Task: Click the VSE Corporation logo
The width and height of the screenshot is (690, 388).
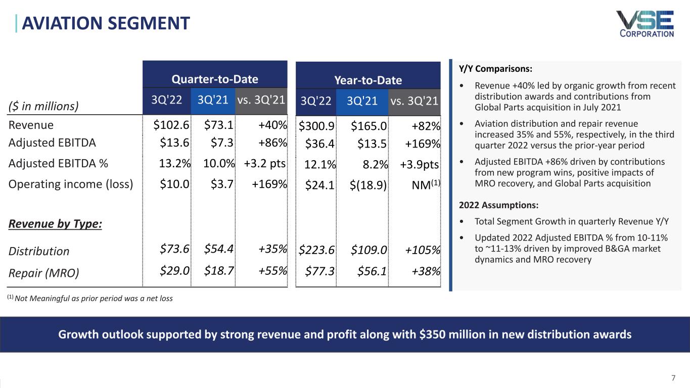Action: click(x=645, y=24)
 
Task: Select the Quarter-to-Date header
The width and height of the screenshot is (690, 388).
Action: click(x=215, y=79)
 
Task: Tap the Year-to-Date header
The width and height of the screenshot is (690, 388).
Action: click(x=369, y=80)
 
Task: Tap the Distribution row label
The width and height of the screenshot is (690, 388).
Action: click(x=39, y=251)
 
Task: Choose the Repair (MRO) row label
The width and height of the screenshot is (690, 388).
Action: click(x=44, y=273)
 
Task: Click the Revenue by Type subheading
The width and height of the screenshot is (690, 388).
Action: click(x=55, y=224)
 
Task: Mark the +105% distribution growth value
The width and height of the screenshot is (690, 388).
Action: click(x=423, y=251)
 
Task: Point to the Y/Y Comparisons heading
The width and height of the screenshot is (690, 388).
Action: click(x=495, y=68)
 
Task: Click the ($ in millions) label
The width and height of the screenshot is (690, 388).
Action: click(x=43, y=106)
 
